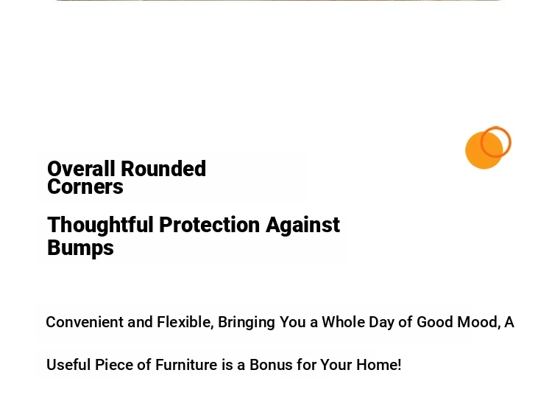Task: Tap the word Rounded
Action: coord(163,169)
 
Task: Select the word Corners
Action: coord(85,186)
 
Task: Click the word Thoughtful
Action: coord(100,226)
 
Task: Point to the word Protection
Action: coord(210,225)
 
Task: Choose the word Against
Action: coord(303,226)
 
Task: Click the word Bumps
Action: coord(81,248)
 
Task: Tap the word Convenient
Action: coord(85,322)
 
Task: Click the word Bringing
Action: coord(247,323)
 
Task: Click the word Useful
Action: coord(68,365)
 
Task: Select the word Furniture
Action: coord(186,365)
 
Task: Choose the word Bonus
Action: coord(271,365)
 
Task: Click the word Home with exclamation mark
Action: coord(379,365)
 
